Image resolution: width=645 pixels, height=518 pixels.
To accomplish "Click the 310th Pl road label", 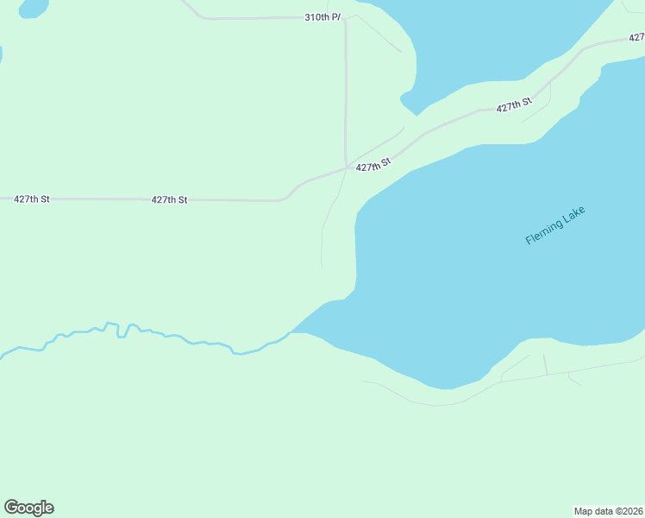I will click(323, 16).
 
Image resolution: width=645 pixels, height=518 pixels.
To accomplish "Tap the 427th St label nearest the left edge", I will click(32, 199).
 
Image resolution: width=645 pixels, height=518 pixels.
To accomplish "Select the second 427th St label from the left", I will click(169, 199).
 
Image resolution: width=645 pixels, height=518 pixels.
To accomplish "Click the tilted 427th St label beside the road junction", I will click(373, 164).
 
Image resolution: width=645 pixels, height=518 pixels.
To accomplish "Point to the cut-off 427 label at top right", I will click(636, 37).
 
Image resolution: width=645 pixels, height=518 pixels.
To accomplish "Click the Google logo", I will click(28, 508).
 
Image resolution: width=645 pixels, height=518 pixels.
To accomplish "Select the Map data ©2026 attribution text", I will click(608, 510).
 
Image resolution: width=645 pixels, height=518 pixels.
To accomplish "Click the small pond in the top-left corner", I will click(33, 7).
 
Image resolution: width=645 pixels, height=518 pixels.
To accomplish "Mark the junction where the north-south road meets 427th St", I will click(347, 167).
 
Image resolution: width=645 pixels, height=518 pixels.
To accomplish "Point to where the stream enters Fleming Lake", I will click(291, 332).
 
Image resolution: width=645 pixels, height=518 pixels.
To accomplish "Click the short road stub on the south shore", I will click(545, 363).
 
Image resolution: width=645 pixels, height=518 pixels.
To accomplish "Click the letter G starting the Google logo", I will click(11, 507).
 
